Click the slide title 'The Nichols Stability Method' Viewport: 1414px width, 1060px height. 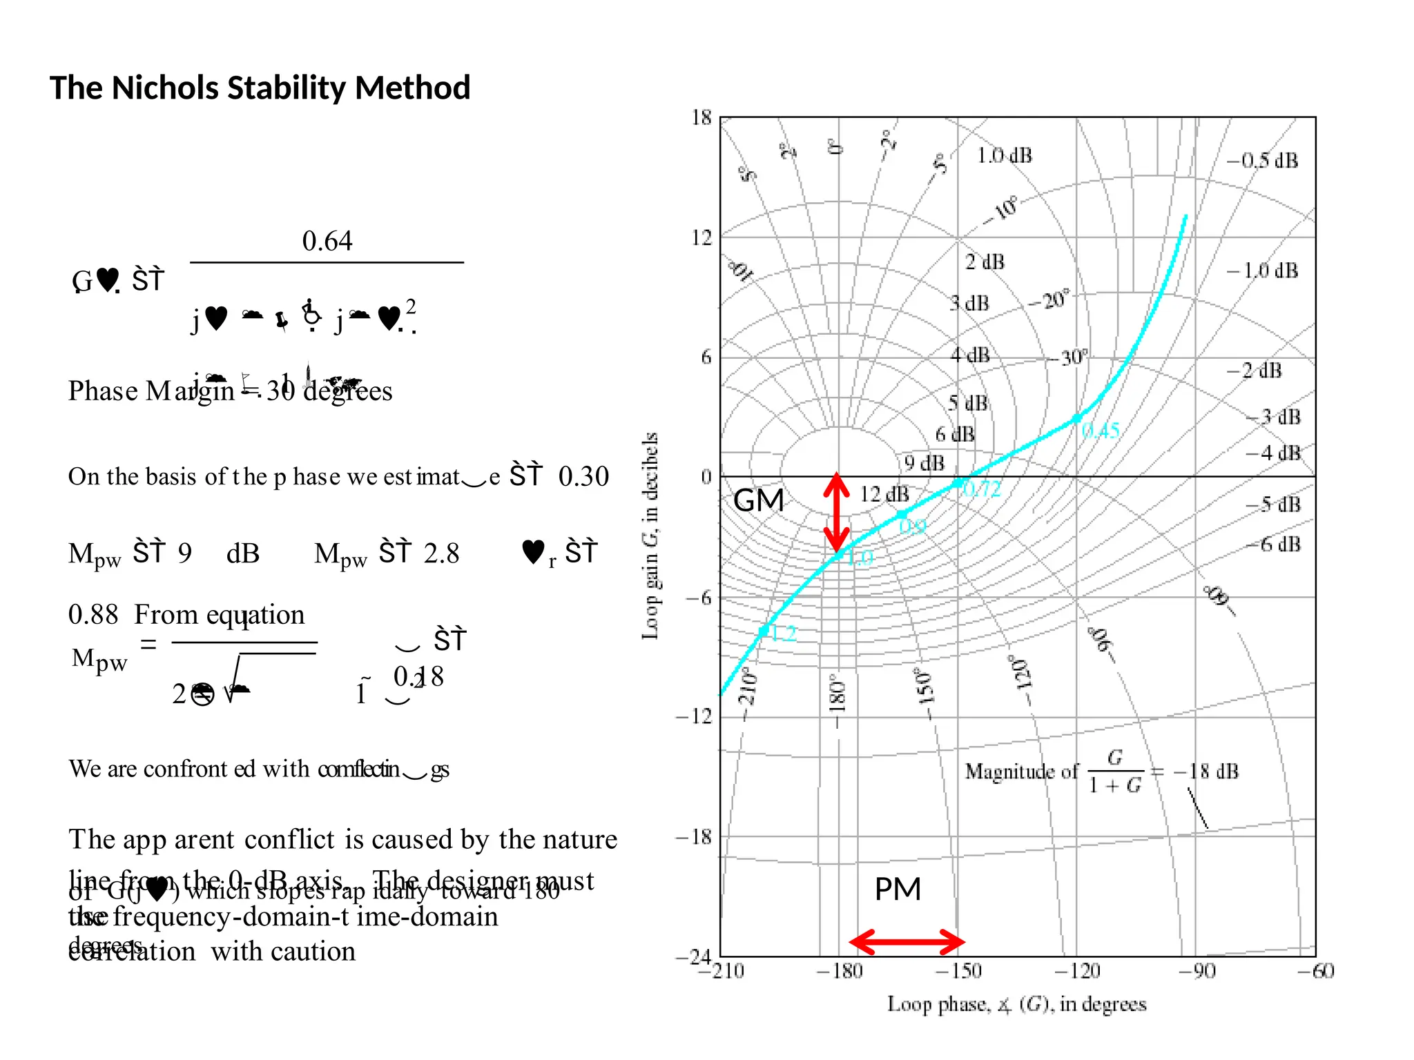[260, 88]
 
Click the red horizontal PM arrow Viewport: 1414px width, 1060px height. [907, 941]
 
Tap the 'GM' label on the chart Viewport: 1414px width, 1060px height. [758, 500]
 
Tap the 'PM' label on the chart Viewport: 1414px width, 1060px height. [898, 889]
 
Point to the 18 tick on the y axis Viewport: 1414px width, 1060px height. [701, 118]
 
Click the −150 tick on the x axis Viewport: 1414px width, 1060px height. [958, 972]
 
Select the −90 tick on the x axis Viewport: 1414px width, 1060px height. [1197, 972]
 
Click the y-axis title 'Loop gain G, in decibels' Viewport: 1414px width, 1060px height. [650, 536]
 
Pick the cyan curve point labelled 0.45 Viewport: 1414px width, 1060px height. [1077, 418]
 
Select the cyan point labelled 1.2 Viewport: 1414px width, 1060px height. [763, 631]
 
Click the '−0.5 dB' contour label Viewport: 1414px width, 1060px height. [1262, 161]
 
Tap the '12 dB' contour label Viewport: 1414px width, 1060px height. [884, 494]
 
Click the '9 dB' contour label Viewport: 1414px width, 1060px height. [924, 463]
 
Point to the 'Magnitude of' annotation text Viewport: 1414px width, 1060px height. [1021, 771]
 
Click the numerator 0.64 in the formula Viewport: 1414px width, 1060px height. [327, 241]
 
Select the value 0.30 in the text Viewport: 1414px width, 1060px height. [583, 476]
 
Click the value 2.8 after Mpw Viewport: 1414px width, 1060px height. [441, 553]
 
